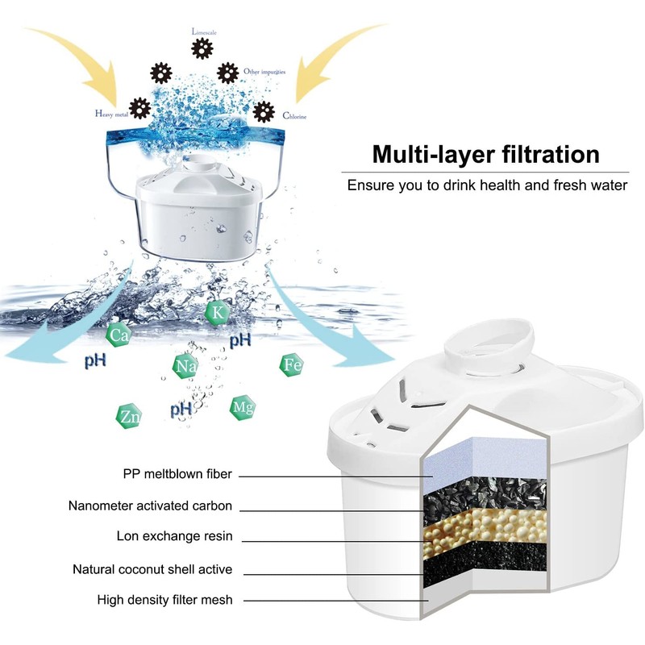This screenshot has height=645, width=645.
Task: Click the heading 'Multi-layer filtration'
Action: click(485, 154)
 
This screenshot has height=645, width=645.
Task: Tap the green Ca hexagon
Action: click(120, 335)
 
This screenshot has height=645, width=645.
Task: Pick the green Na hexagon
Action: click(185, 367)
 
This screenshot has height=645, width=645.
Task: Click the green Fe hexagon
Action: click(292, 365)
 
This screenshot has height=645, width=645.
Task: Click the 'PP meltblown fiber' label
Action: click(177, 475)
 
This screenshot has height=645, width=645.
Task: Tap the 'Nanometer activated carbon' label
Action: click(151, 506)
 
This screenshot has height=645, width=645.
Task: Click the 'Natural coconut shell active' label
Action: click(152, 569)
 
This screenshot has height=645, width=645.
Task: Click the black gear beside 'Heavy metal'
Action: click(139, 106)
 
